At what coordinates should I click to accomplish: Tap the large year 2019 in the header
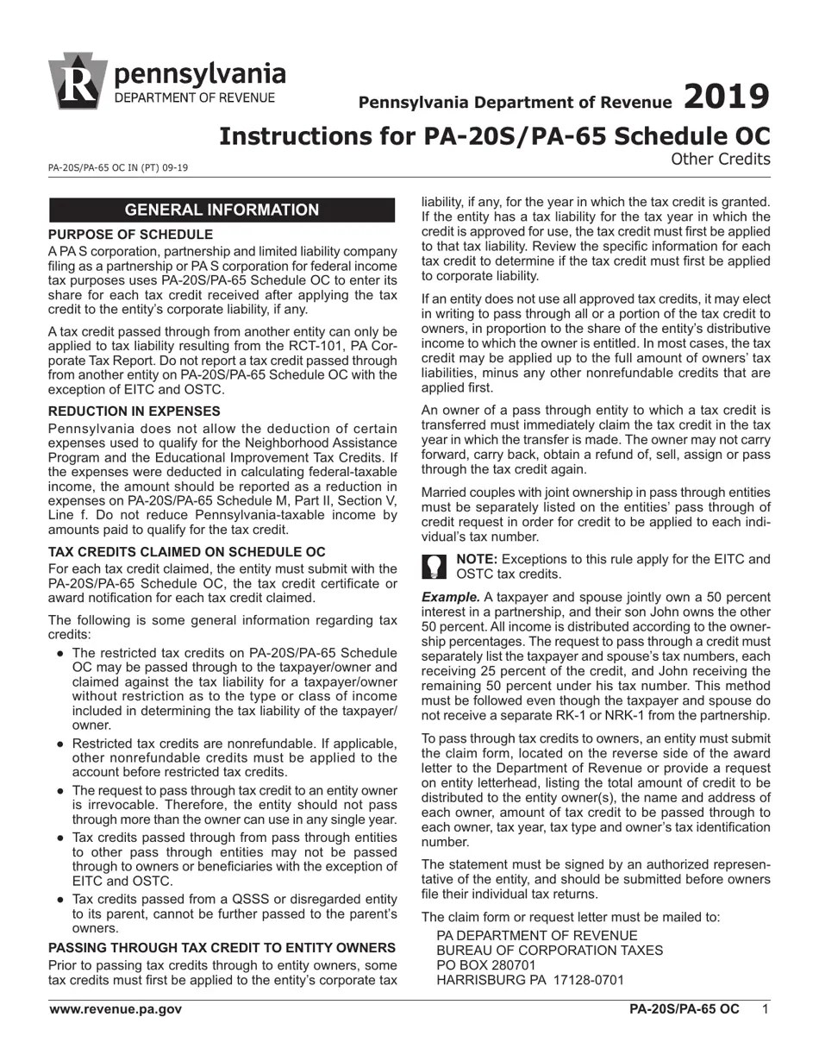(726, 97)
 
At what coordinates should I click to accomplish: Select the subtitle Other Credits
(720, 159)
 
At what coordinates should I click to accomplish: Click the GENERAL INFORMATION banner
(222, 210)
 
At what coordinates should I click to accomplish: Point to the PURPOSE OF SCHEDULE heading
(130, 235)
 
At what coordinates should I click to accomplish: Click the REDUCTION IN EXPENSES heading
(134, 411)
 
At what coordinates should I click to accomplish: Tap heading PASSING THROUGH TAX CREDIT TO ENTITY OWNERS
(222, 947)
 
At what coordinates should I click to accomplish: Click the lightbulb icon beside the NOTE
(435, 567)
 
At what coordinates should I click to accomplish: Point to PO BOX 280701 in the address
(486, 965)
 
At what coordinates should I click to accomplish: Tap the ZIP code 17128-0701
(587, 980)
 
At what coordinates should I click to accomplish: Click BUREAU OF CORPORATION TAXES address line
(550, 951)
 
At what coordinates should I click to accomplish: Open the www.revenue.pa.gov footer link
(116, 1009)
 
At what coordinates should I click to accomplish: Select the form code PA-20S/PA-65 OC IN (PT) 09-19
(118, 168)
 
